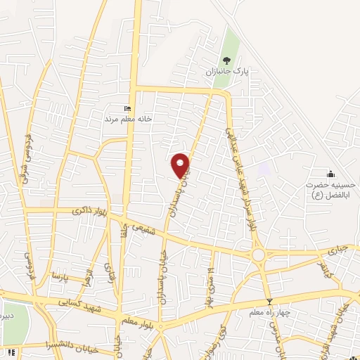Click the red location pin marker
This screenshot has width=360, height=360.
pyautogui.click(x=181, y=165)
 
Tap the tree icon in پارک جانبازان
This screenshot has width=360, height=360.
pyautogui.click(x=226, y=61)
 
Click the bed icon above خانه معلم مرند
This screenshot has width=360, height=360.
pyautogui.click(x=127, y=108)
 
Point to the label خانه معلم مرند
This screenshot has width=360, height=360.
pyautogui.click(x=128, y=119)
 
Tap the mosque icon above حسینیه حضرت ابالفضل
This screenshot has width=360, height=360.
pyautogui.click(x=330, y=174)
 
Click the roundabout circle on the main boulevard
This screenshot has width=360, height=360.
pyautogui.click(x=259, y=255)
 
